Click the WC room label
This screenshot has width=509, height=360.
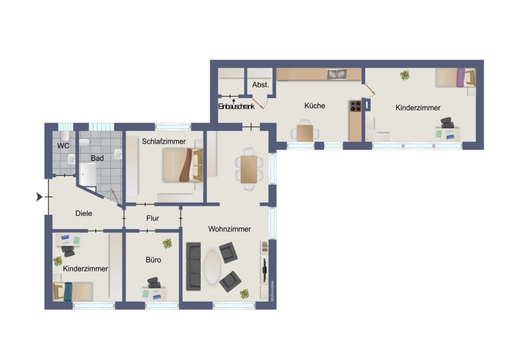(63, 146)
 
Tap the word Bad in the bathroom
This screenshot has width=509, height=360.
(97, 158)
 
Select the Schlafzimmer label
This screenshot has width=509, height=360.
(164, 142)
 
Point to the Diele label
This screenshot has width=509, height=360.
(84, 213)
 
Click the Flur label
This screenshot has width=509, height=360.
(153, 218)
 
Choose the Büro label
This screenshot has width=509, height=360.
(153, 260)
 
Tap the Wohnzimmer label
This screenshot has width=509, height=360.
(230, 229)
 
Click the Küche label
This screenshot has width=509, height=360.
(315, 105)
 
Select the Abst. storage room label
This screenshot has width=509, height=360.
(260, 85)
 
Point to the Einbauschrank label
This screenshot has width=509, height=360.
(236, 106)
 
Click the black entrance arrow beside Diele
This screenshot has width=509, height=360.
(39, 197)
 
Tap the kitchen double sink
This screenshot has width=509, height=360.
(337, 75)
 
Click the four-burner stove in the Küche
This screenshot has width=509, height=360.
(355, 106)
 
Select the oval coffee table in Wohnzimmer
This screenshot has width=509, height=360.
(212, 268)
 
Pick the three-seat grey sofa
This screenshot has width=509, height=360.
(193, 266)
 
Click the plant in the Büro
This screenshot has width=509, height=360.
(168, 244)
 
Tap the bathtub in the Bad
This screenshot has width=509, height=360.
(88, 175)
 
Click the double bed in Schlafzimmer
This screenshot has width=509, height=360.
(182, 165)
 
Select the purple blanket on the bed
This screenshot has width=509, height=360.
(461, 77)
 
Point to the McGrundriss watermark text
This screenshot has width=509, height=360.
(272, 291)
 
